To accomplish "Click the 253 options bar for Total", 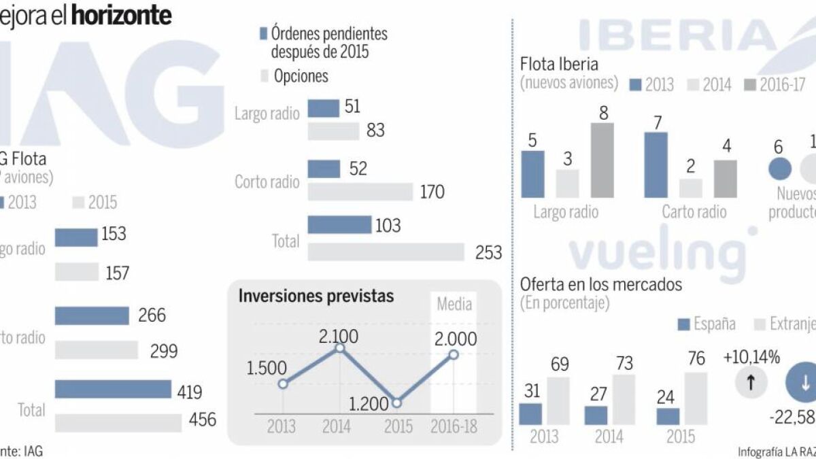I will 386,252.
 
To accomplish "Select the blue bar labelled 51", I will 324,107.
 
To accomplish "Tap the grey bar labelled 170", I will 360,192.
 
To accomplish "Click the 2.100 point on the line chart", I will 340,348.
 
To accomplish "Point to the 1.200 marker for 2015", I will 398,403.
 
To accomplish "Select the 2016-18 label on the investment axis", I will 454,426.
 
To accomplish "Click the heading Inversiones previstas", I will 316,296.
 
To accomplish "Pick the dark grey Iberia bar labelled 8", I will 602,160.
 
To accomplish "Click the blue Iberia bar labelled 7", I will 656,165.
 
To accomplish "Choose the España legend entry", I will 707,324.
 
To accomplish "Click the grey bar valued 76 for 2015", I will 696,398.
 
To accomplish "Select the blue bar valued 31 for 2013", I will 530,414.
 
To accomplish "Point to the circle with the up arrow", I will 751,382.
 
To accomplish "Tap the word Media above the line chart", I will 454,303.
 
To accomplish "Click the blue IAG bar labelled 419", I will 113,389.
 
